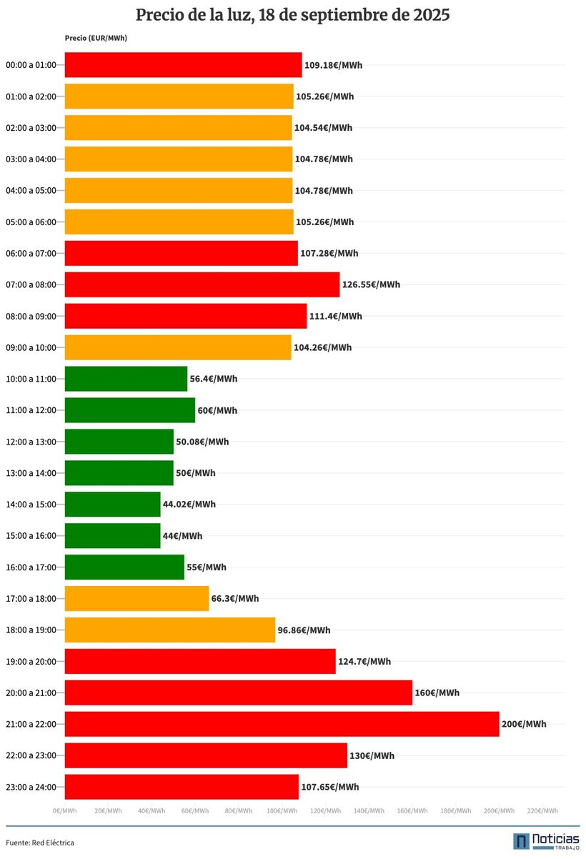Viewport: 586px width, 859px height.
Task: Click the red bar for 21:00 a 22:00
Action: pyautogui.click(x=282, y=724)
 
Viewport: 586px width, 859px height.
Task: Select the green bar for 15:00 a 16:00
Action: pyautogui.click(x=112, y=535)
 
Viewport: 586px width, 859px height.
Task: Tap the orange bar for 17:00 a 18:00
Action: pyautogui.click(x=136, y=598)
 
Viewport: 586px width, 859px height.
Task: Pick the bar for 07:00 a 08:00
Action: pyautogui.click(x=202, y=284)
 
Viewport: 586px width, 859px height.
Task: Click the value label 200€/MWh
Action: pyautogui.click(x=524, y=724)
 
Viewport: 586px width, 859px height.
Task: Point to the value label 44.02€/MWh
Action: pyautogui.click(x=189, y=505)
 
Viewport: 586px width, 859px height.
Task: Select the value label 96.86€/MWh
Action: pyautogui.click(x=304, y=630)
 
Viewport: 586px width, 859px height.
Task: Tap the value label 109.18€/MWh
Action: pyautogui.click(x=333, y=65)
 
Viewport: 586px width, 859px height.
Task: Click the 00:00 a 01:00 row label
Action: pyautogui.click(x=30, y=65)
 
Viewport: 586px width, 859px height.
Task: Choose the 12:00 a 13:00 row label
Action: pyautogui.click(x=30, y=442)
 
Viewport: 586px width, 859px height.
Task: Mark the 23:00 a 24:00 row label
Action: pyautogui.click(x=30, y=787)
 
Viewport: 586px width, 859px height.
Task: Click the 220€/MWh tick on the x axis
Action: pyautogui.click(x=542, y=810)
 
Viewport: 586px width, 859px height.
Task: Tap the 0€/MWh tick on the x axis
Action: pyautogui.click(x=64, y=810)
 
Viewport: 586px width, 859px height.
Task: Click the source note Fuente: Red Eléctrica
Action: pyautogui.click(x=40, y=843)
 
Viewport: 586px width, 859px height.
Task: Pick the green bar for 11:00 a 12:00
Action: pyautogui.click(x=129, y=410)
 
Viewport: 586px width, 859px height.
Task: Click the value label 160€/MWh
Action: pyautogui.click(x=437, y=692)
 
